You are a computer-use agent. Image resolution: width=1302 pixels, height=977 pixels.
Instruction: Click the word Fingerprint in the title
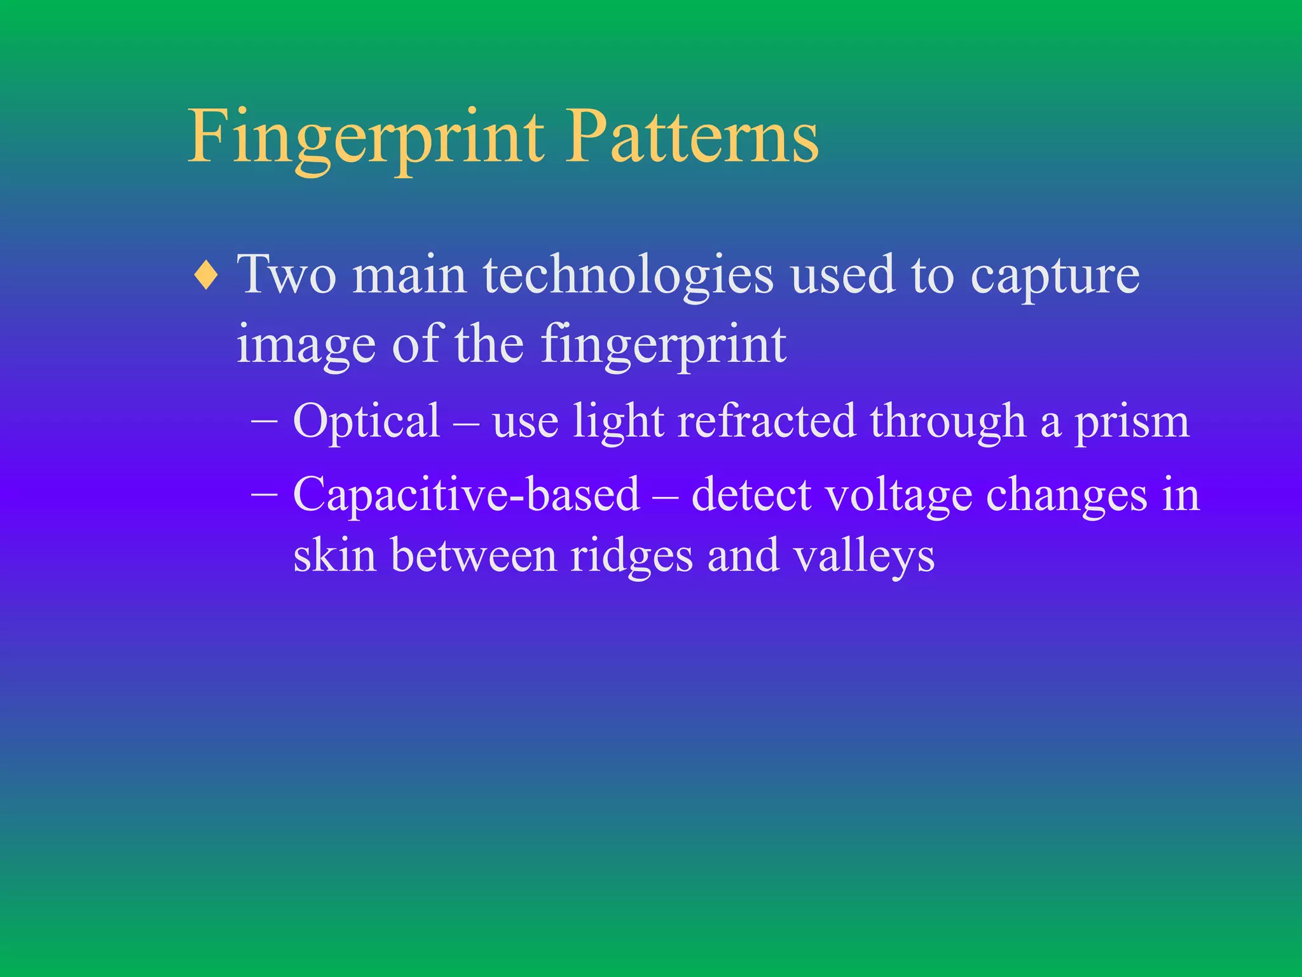pyautogui.click(x=366, y=137)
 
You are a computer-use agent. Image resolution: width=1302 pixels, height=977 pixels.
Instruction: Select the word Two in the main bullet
pyautogui.click(x=286, y=275)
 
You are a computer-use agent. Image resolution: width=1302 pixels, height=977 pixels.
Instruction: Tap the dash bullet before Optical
pyautogui.click(x=264, y=421)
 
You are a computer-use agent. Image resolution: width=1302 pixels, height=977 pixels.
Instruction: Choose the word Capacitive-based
pyautogui.click(x=466, y=494)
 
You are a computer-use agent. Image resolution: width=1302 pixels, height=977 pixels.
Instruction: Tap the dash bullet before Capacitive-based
pyautogui.click(x=264, y=494)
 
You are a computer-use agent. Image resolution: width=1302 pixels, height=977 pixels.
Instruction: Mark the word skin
pyautogui.click(x=334, y=555)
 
